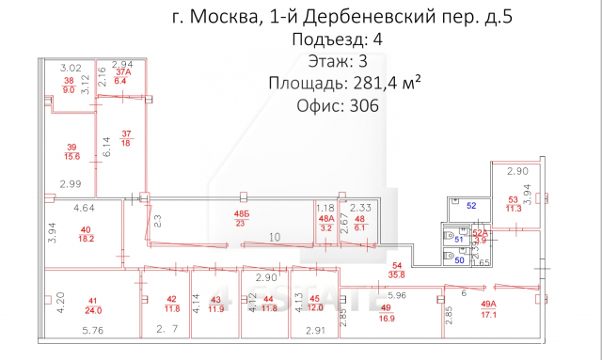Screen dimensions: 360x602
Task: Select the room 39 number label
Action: (71, 146)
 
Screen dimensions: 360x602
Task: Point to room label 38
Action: (68, 82)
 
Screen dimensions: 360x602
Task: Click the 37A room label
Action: (122, 72)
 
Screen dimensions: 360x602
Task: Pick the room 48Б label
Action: (243, 215)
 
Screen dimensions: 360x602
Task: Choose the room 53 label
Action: (514, 200)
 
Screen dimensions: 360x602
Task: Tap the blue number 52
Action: (472, 205)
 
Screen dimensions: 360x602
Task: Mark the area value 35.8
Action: (396, 275)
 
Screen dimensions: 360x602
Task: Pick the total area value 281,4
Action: (371, 83)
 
